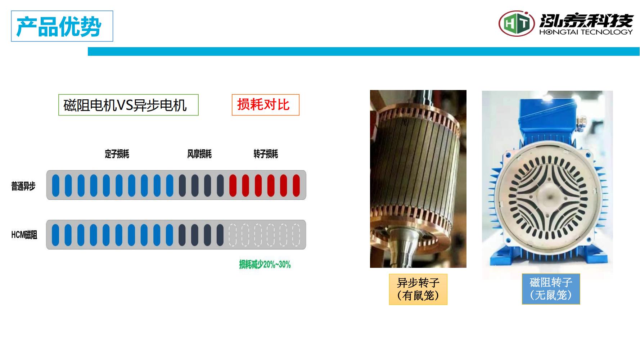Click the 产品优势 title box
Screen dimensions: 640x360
point(62,26)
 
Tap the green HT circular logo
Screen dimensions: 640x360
point(517,23)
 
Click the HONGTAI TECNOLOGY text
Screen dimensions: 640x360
point(586,32)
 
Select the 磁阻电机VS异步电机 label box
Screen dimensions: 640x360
point(129,105)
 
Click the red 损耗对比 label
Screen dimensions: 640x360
point(265,105)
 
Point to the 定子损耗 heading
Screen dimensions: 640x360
point(117,154)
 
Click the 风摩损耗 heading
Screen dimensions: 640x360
point(199,154)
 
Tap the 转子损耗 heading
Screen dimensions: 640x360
point(266,154)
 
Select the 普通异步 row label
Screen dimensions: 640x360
point(23,186)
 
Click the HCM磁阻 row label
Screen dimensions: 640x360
point(24,235)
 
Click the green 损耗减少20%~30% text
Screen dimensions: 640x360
point(265,265)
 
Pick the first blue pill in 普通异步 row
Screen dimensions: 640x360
point(56,185)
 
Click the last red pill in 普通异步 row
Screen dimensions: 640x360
point(296,185)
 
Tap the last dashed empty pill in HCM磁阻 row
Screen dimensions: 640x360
point(296,235)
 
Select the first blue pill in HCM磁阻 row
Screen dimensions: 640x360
point(55,235)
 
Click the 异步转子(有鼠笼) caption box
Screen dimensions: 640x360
point(418,289)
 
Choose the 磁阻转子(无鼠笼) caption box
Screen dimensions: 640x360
point(551,289)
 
